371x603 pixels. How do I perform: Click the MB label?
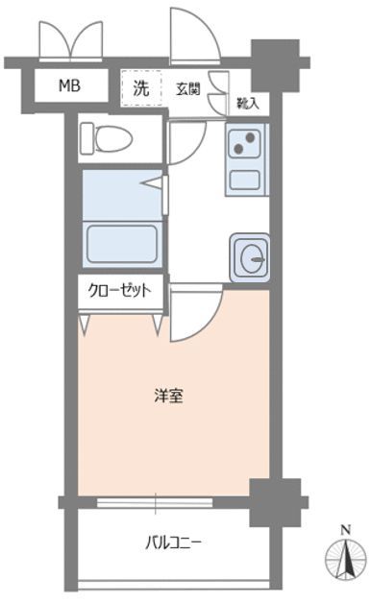pos(69,85)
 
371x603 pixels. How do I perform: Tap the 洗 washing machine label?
pos(141,88)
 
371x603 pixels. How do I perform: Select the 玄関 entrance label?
pos(188,89)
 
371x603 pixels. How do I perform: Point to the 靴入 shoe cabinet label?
pos(248,103)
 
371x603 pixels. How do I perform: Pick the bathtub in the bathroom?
pos(122,245)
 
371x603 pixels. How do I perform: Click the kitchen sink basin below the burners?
pos(245,180)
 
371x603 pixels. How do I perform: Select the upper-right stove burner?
pos(251,137)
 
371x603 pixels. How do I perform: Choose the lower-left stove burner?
pos(239,148)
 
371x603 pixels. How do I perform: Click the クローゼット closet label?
pos(119,290)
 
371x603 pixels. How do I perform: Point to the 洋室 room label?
pos(168,396)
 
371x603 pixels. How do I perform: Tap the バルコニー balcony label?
pos(173,543)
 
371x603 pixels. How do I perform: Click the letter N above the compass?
pos(346,530)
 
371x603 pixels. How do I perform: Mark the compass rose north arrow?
pos(346,558)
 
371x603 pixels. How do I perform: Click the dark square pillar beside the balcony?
pos(275,502)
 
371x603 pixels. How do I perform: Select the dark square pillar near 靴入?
pos(275,65)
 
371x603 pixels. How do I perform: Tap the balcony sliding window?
pos(155,502)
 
